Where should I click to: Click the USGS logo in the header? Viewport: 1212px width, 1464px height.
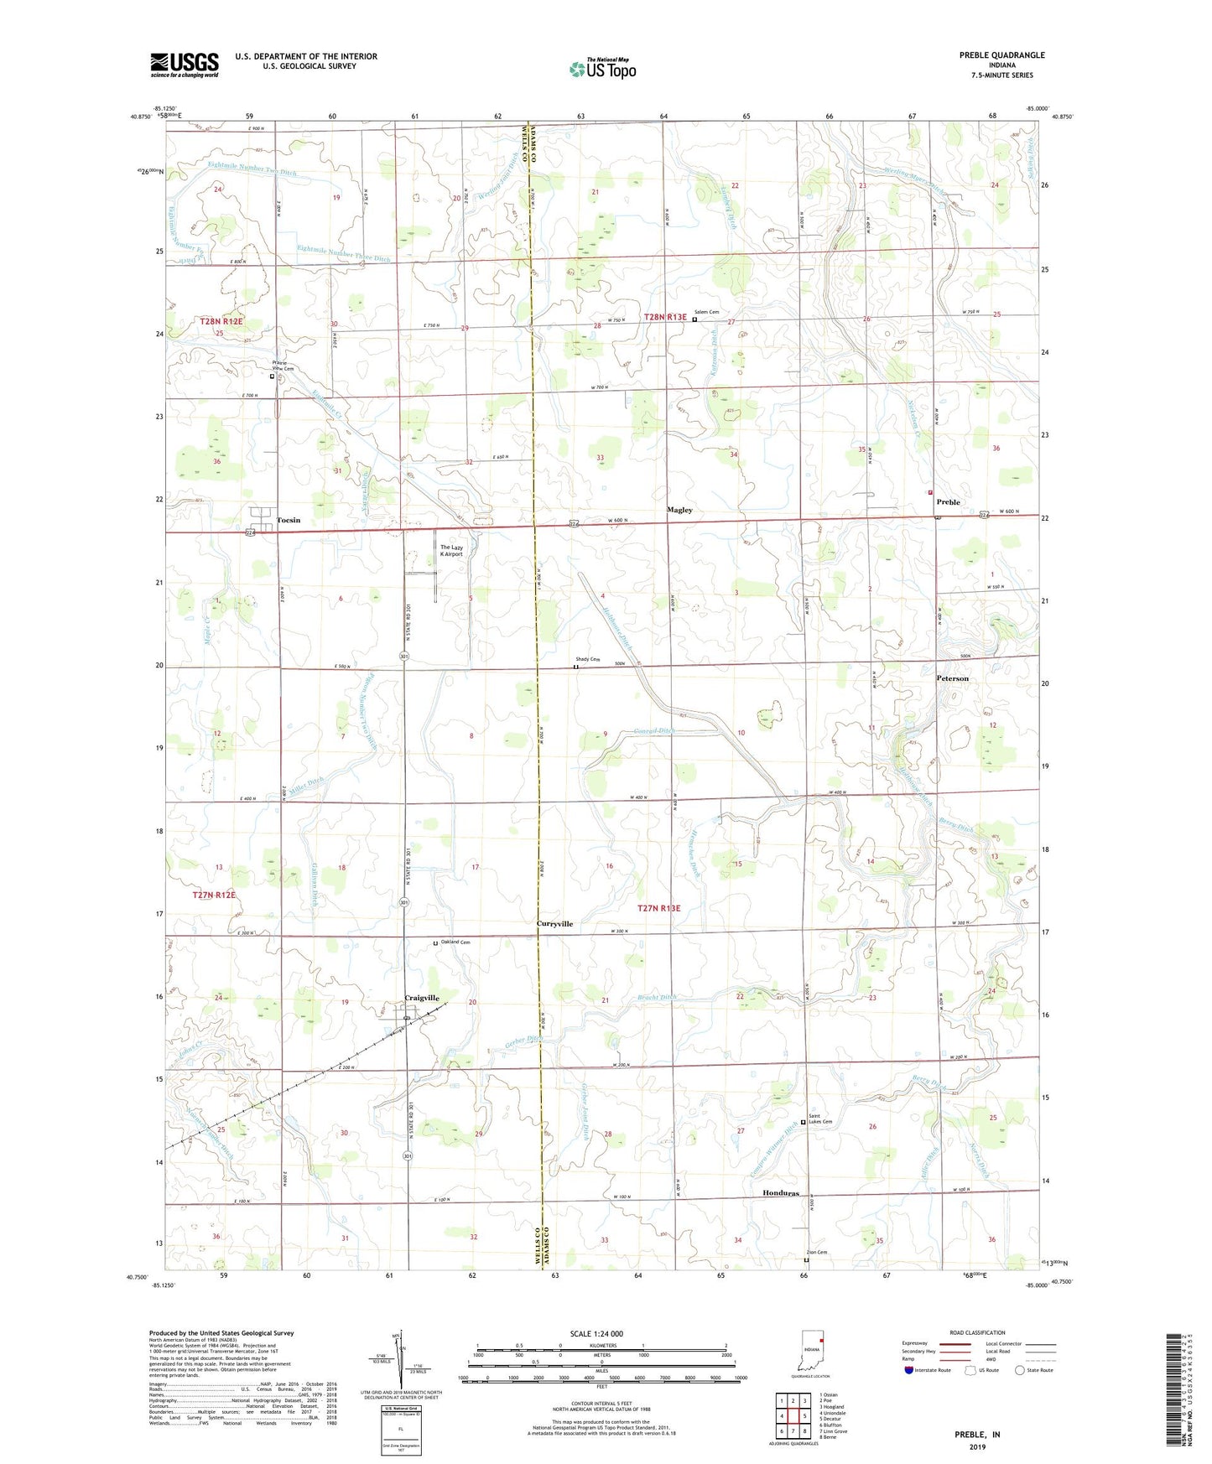(184, 65)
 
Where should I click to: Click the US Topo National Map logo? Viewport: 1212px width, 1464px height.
(602, 68)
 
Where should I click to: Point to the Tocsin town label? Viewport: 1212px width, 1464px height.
(288, 520)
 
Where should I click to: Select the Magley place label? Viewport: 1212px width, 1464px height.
(679, 510)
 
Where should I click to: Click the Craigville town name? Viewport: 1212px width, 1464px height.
(422, 998)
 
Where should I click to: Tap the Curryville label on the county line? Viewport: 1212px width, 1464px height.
(554, 923)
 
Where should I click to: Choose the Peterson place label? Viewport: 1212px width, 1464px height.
(952, 678)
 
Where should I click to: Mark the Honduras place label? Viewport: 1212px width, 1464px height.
(780, 1192)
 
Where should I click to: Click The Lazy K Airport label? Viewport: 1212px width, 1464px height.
(451, 551)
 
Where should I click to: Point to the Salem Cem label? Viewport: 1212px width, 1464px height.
(706, 312)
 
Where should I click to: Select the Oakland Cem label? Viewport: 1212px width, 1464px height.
(455, 942)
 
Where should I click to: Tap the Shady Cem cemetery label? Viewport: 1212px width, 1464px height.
(587, 659)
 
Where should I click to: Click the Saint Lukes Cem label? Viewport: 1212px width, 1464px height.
(820, 1119)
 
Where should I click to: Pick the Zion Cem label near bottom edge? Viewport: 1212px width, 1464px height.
(816, 1253)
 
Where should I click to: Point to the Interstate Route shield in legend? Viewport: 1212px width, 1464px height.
(908, 1370)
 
